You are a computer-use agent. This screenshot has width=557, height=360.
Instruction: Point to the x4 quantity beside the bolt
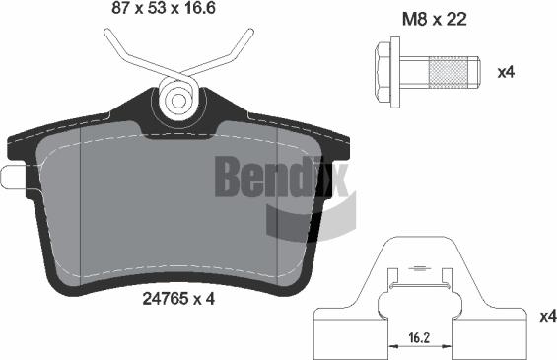505,72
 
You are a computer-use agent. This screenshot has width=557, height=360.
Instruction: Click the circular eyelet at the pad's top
178,99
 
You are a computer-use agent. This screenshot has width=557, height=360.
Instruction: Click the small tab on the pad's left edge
11,178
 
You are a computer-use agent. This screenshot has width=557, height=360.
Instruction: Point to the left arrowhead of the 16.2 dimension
393,346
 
